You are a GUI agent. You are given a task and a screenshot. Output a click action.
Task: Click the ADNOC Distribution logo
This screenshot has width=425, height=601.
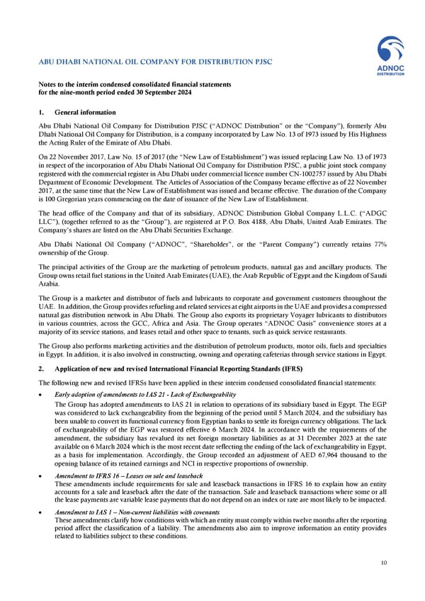tap(390, 57)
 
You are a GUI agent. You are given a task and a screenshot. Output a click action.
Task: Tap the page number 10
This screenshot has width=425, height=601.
tap(383, 563)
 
